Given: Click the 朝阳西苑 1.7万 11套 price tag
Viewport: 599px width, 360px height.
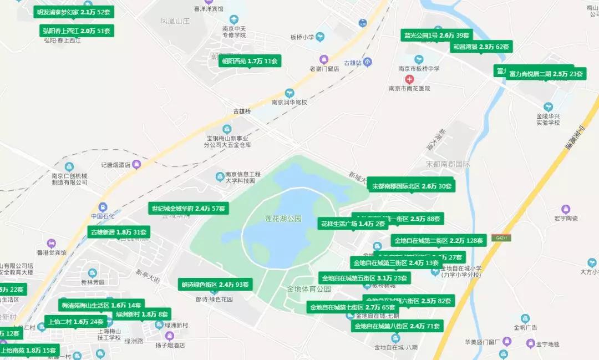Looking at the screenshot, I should [x=250, y=61].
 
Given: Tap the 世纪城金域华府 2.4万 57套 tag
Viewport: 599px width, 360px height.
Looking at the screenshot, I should [x=189, y=209].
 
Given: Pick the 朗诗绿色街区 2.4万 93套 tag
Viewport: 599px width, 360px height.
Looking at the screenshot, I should [x=215, y=285].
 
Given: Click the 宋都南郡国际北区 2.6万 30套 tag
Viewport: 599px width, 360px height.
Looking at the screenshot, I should [x=412, y=186].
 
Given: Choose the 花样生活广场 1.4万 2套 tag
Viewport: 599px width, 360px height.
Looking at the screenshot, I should [x=352, y=224].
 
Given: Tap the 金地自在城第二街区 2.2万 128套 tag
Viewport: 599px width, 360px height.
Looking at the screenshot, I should [x=439, y=241].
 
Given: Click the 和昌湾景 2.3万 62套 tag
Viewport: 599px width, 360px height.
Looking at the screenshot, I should [x=481, y=47].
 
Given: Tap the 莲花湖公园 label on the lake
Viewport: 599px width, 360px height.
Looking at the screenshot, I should [x=283, y=219].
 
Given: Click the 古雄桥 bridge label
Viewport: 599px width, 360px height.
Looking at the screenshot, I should [x=242, y=111].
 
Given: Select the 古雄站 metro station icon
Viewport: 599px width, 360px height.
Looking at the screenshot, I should [x=368, y=62].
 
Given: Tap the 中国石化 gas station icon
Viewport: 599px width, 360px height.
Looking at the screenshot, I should [x=102, y=206].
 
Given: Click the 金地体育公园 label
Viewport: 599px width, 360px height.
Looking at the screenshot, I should [x=309, y=289].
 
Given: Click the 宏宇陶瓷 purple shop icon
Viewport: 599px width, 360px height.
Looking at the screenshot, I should [x=566, y=209].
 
